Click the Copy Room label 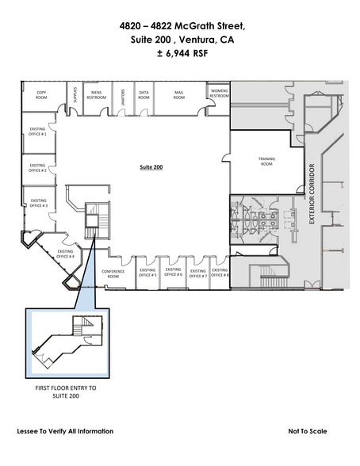[41, 94]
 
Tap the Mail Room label [179, 94]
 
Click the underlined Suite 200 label [151, 168]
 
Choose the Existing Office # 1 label [37, 132]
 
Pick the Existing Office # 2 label [37, 168]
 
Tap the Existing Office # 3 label [37, 203]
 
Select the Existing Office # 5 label [147, 273]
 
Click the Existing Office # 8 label [220, 273]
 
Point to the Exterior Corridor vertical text [312, 193]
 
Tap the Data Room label [144, 94]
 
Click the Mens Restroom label [97, 94]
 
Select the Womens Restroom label [219, 94]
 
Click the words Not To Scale [308, 431]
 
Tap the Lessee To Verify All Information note [65, 431]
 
